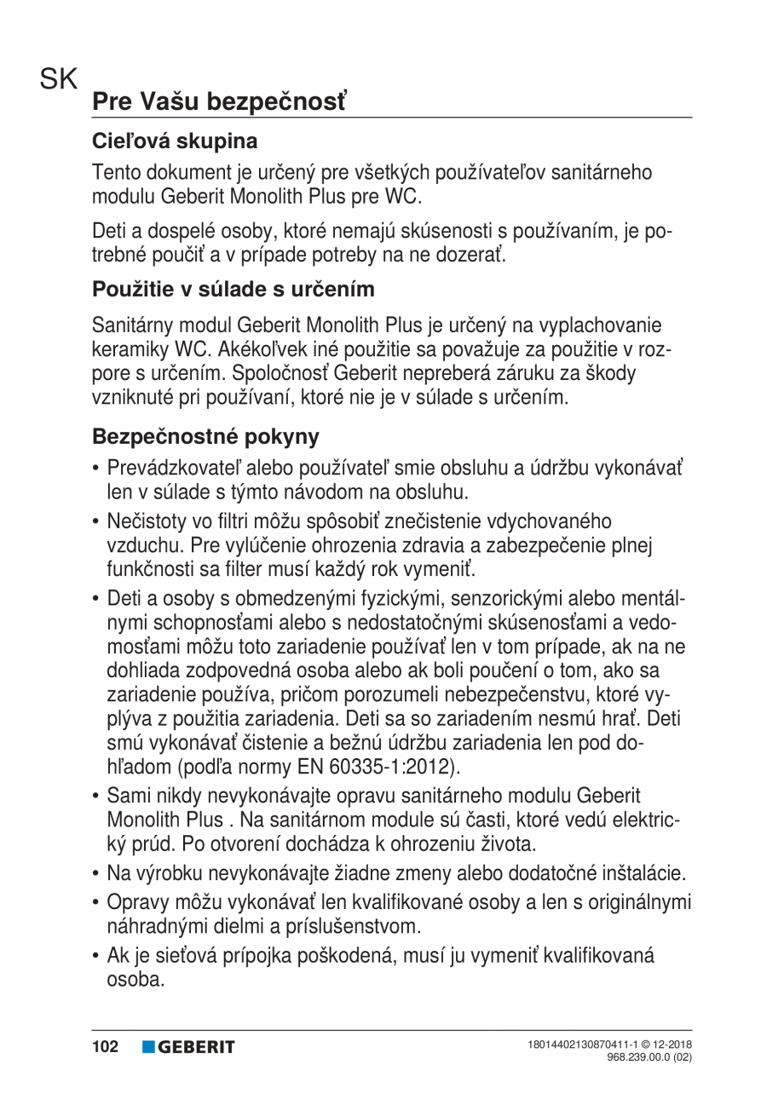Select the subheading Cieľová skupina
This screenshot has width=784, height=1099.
tap(175, 140)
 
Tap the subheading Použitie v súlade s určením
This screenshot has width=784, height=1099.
tap(233, 289)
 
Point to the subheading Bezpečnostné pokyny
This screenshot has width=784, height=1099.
tap(205, 437)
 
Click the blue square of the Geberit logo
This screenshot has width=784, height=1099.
tap(148, 1047)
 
